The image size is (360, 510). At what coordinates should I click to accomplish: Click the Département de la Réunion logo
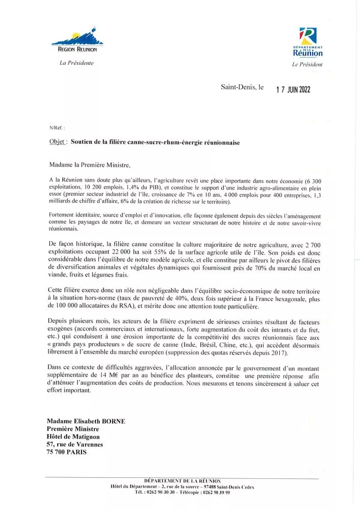point(307,42)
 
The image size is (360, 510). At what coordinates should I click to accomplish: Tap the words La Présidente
point(77,62)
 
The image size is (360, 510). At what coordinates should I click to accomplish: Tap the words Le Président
point(307,65)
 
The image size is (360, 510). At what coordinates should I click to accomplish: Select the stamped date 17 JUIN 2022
point(293,90)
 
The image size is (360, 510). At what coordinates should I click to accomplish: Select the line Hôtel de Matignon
point(73,436)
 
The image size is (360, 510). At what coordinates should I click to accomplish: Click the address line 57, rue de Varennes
point(74,444)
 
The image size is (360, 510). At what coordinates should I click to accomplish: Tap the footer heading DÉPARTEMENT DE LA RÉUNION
point(183,481)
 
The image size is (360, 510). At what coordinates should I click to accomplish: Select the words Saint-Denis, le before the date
point(242,88)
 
